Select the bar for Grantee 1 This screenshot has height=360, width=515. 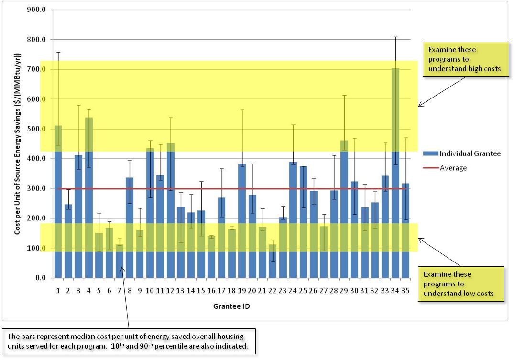click(58, 201)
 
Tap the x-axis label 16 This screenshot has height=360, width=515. click(211, 291)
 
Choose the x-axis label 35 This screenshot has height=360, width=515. click(405, 291)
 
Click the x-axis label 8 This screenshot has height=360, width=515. click(130, 291)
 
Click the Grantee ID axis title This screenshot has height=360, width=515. click(231, 305)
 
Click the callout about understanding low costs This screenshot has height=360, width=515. click(461, 284)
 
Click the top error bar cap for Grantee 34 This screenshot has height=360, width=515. click(395, 37)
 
